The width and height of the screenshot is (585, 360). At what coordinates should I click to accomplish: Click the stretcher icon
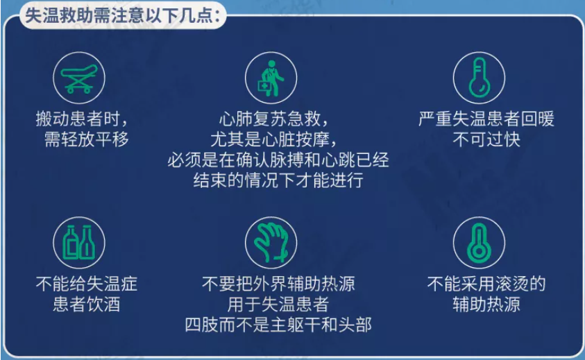click(78, 78)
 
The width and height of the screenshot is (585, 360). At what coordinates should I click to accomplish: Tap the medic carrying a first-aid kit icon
click(271, 78)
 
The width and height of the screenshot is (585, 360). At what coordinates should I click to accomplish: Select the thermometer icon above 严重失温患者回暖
click(479, 78)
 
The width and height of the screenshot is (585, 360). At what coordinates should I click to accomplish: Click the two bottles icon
click(78, 243)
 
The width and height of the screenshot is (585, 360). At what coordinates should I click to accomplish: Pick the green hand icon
click(271, 243)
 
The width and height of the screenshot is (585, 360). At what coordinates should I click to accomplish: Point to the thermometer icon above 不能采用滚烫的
click(479, 243)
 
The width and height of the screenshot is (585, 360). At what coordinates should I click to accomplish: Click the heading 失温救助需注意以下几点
click(122, 16)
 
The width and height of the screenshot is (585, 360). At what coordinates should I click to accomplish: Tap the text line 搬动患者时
click(82, 119)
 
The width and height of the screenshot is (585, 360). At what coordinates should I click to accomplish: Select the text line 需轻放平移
click(86, 139)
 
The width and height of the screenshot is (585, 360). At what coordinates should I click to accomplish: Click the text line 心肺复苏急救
click(273, 119)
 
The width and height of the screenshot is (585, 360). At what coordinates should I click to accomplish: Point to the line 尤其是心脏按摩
click(273, 139)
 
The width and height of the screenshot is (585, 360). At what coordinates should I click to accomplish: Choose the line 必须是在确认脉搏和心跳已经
click(278, 160)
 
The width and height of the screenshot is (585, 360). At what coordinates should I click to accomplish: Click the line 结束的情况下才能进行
click(278, 180)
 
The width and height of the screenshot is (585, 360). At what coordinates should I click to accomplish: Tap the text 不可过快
click(486, 139)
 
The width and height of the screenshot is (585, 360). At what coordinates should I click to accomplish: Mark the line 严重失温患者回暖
click(486, 119)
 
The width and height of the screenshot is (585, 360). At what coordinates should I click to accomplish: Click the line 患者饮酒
click(86, 304)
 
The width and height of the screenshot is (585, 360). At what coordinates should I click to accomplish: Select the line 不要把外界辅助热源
click(278, 284)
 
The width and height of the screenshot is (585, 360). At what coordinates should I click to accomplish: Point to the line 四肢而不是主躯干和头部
click(278, 325)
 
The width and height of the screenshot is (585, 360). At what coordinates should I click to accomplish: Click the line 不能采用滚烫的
click(486, 284)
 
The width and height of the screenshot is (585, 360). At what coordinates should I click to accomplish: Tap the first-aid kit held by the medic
click(264, 86)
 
